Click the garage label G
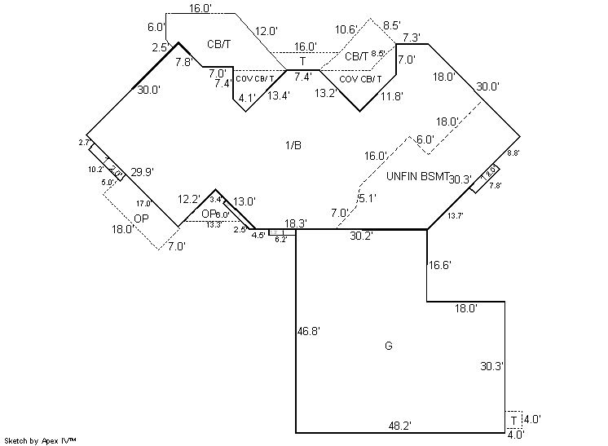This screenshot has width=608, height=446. pos(388,347)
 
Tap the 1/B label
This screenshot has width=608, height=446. pos(293,145)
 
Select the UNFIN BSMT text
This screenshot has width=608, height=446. pos(418,177)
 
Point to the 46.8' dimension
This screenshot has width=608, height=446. pos(309,331)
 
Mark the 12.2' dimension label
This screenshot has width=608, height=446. pos(190,200)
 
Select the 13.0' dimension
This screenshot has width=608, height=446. pos(245,201)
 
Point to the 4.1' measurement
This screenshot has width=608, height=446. pos(247,97)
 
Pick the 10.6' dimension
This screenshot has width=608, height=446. pos(347,29)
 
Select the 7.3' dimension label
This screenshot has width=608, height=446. pos(411,38)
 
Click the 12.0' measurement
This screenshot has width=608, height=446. pos(267,31)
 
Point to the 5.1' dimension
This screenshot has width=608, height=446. pos(367,197)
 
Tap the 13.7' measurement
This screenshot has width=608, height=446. pos(455,215)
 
